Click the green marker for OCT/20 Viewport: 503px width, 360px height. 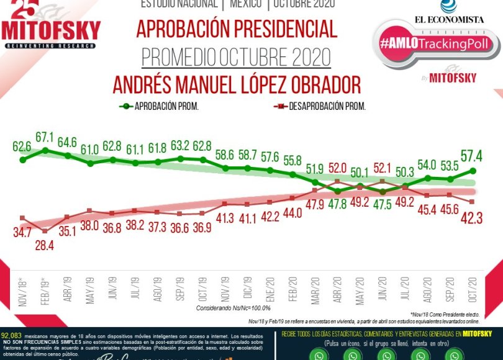point(473,171)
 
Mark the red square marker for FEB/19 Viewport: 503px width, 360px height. point(45,231)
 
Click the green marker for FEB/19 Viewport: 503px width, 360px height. point(45,151)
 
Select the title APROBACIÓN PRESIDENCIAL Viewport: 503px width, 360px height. point(237,29)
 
